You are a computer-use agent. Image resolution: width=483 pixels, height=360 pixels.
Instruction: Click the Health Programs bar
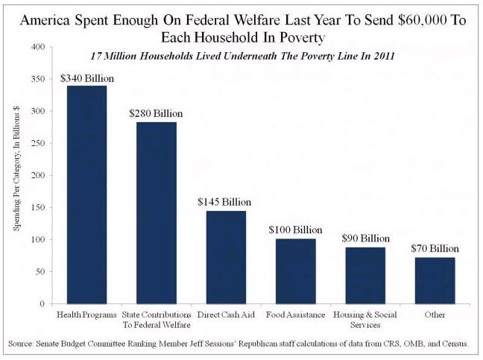[x=86, y=195]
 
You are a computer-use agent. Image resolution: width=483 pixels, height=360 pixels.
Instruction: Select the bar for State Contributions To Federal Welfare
[x=156, y=212]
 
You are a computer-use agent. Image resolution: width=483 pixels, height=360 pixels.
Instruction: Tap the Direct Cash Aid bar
[x=226, y=257]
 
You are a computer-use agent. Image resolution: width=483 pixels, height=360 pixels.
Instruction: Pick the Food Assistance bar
[x=295, y=271]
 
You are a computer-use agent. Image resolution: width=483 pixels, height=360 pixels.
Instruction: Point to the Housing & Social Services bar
[x=365, y=275]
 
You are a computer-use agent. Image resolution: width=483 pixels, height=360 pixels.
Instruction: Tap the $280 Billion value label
[x=156, y=113]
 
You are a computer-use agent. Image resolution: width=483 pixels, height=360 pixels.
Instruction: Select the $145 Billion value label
[x=225, y=202]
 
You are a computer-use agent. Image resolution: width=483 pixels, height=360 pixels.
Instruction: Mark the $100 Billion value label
[x=295, y=230]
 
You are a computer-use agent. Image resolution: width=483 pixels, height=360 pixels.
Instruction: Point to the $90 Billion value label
[x=364, y=238]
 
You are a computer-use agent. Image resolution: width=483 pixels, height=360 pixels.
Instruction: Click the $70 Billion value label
[x=435, y=248]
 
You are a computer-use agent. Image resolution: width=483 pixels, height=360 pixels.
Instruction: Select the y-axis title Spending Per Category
[x=16, y=175]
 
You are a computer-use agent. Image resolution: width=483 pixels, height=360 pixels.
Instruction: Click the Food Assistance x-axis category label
[x=295, y=315]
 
